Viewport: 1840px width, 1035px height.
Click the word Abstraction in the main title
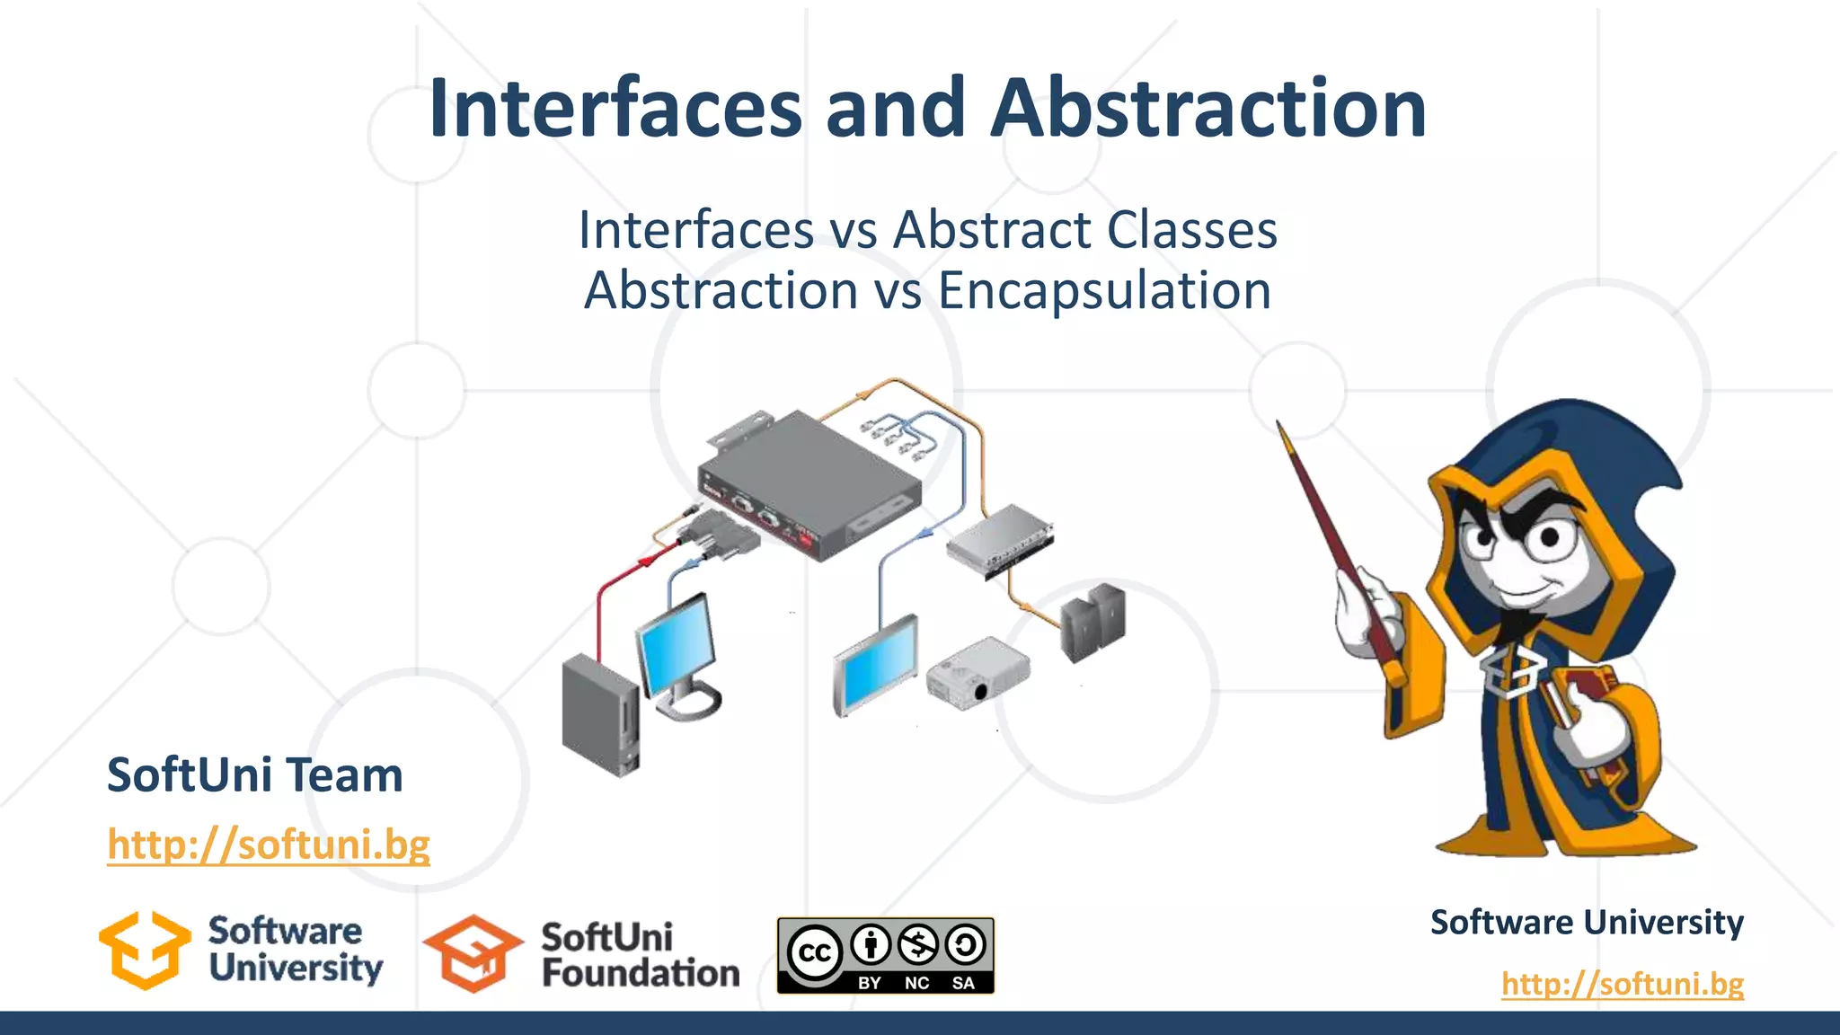click(x=1208, y=109)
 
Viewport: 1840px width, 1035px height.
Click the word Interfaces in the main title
click(x=615, y=109)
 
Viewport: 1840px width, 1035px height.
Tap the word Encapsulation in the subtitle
click(x=1104, y=291)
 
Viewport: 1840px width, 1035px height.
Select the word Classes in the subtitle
click(x=1191, y=230)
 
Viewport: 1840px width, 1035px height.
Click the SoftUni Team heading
click(x=255, y=774)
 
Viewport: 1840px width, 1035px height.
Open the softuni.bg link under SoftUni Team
click(x=269, y=845)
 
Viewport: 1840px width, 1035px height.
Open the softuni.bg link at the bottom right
click(x=1622, y=983)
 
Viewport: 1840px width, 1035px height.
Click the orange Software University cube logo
click(x=145, y=951)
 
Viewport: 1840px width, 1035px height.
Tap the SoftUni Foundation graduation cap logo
click(x=473, y=953)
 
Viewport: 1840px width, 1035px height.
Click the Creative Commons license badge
click(x=885, y=956)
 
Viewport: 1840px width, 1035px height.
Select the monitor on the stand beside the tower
click(x=678, y=651)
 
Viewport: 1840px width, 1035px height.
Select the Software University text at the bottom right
click(x=1587, y=923)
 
